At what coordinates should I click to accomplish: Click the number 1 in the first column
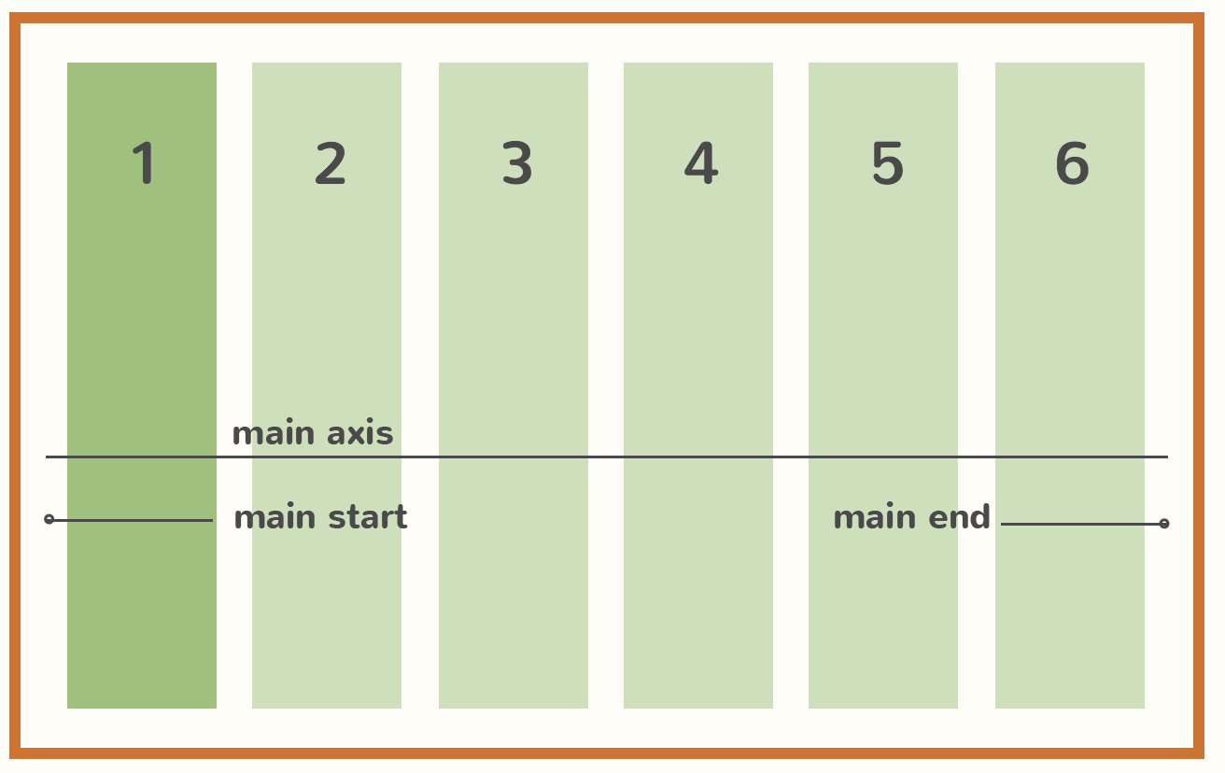pos(144,164)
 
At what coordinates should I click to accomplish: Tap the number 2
pos(331,164)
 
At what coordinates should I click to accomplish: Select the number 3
pos(516,164)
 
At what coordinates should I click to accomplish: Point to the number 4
pos(700,164)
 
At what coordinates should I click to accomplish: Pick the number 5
pos(887,164)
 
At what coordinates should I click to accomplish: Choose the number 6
pos(1072,164)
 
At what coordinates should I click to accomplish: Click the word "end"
pos(962,517)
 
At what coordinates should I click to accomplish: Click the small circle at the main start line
pos(49,519)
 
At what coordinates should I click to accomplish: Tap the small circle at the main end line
pos(1163,524)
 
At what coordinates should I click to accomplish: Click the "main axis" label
pos(313,433)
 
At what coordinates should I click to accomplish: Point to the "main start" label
pos(320,517)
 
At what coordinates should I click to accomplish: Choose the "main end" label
pos(911,517)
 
